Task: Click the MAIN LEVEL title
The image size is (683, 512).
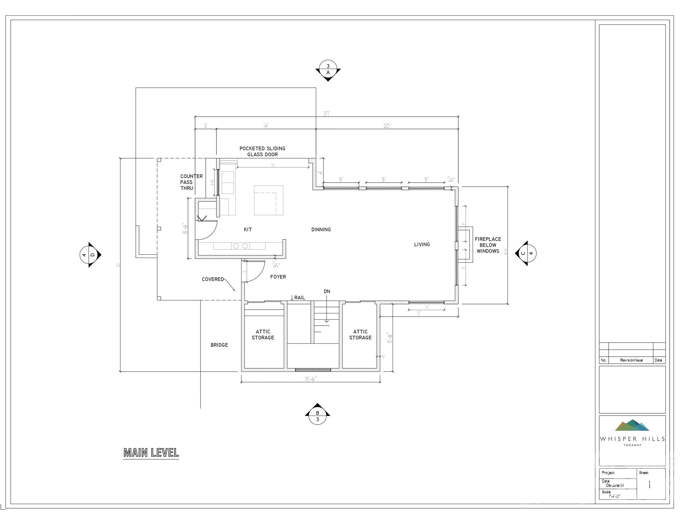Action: point(151,452)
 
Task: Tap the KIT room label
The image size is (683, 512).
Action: point(248,230)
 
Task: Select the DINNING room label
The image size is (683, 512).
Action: point(321,230)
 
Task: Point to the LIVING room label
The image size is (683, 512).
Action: point(422,244)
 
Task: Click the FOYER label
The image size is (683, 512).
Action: point(278,277)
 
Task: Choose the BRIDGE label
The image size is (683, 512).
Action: point(219,345)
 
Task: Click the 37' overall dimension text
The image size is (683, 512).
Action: point(326,113)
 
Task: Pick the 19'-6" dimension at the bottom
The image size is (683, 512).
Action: point(310,379)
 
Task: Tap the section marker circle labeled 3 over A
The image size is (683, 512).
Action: point(328,69)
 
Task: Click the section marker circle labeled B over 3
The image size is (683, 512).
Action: point(317,416)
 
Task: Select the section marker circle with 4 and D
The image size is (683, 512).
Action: point(89,255)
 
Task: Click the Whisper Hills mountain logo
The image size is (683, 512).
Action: point(632,425)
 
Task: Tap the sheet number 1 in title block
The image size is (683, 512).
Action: point(649,485)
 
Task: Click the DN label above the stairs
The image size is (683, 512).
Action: point(327,291)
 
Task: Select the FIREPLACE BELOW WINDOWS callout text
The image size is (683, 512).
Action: point(488,245)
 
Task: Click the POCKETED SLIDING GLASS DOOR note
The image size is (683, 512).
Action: point(262,151)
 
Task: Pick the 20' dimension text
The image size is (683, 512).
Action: point(387,126)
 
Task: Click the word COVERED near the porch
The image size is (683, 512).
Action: point(213,279)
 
